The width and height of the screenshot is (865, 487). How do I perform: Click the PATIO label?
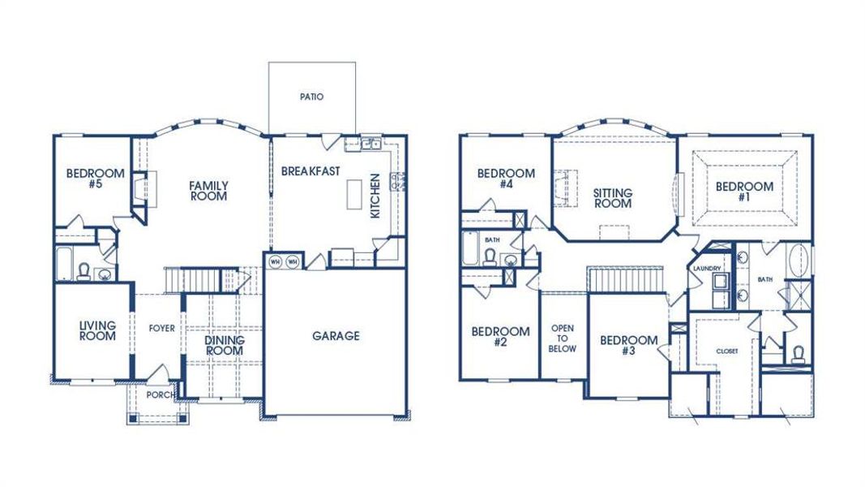pyautogui.click(x=311, y=97)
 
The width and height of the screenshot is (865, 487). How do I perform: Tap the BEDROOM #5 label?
pyautogui.click(x=95, y=179)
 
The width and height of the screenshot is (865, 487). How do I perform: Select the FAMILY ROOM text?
pyautogui.click(x=208, y=191)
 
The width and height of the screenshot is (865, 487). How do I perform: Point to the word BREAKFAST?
pyautogui.click(x=310, y=171)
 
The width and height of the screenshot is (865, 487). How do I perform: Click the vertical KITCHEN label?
pyautogui.click(x=375, y=196)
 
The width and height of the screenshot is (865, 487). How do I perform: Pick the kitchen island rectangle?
pyautogui.click(x=353, y=194)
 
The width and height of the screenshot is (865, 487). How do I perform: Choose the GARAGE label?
pyautogui.click(x=336, y=336)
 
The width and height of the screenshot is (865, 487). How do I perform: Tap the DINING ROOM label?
pyautogui.click(x=223, y=345)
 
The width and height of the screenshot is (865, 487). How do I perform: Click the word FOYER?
pyautogui.click(x=161, y=329)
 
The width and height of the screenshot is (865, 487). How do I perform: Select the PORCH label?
pyautogui.click(x=159, y=395)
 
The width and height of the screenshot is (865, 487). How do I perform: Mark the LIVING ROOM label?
pyautogui.click(x=97, y=330)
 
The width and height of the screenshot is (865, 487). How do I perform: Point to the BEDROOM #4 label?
pyautogui.click(x=506, y=179)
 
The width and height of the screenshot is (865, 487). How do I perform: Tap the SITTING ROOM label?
pyautogui.click(x=613, y=198)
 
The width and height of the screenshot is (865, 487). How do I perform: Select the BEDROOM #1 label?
pyautogui.click(x=744, y=192)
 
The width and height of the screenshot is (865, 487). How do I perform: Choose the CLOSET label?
pyautogui.click(x=726, y=351)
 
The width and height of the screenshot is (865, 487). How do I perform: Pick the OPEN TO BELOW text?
pyautogui.click(x=563, y=338)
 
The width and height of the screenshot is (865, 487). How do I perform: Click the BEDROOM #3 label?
pyautogui.click(x=628, y=345)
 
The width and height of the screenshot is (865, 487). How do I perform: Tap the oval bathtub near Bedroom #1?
pyautogui.click(x=799, y=262)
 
